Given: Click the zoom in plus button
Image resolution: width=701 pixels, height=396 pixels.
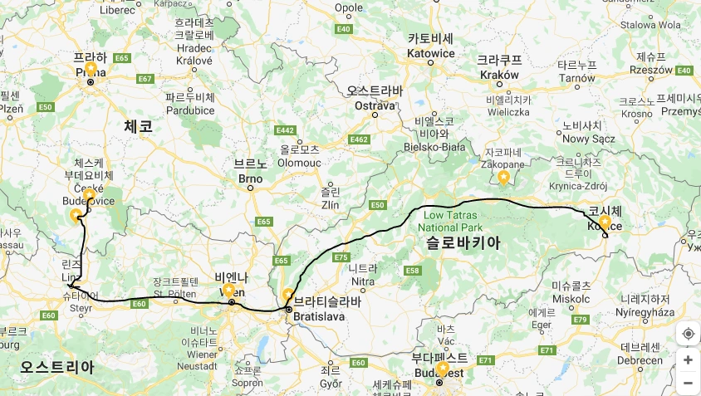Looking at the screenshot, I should point(688,359).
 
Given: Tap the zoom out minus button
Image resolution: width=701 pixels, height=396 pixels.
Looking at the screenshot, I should point(688,383).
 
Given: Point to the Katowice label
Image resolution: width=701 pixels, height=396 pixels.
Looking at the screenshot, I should point(430,53).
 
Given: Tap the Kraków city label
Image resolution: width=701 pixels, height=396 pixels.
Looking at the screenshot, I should point(499,74).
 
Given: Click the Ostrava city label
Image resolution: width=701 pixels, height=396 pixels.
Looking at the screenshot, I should point(375,105).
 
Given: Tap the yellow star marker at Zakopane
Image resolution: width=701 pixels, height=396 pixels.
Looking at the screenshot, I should point(503,177).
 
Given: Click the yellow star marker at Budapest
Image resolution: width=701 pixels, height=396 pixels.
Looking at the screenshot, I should point(443,367).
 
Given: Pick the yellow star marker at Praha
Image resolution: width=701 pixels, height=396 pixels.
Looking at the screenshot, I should point(91,69).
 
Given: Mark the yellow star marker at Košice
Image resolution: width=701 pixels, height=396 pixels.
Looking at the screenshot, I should point(604,222).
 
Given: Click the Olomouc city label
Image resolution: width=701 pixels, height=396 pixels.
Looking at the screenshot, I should point(299,163).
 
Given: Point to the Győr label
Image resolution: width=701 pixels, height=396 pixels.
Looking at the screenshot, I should point(330,384).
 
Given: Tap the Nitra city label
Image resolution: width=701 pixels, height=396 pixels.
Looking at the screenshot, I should point(362,281).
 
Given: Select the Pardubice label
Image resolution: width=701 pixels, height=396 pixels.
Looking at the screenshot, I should point(190,110).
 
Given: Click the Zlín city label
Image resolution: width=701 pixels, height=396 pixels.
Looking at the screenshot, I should point(330,203).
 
